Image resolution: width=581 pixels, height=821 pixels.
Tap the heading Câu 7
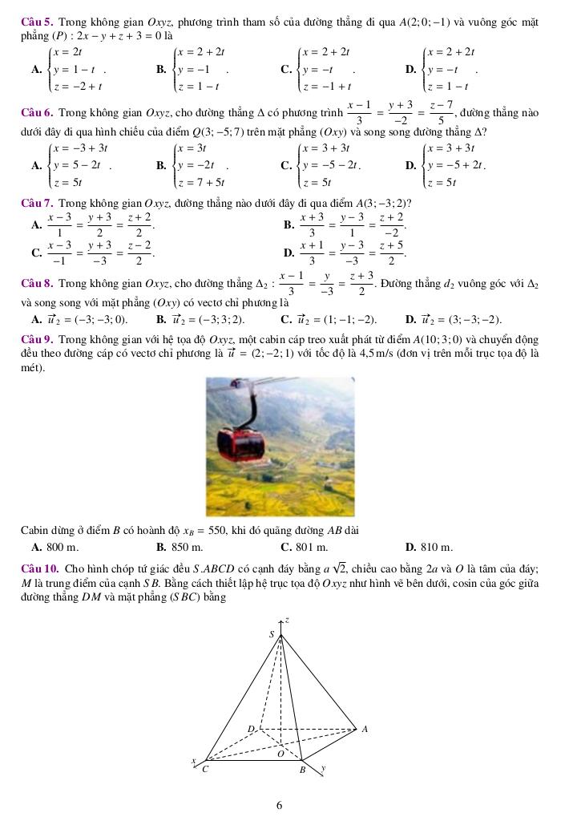tap(36, 202)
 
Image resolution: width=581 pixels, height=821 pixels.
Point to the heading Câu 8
tap(36, 283)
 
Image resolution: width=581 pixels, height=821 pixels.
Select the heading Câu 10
tap(38, 568)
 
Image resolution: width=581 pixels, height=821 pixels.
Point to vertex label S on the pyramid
tap(271, 635)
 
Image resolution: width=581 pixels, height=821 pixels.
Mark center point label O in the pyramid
tap(280, 754)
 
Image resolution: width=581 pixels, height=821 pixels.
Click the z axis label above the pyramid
tap(286, 619)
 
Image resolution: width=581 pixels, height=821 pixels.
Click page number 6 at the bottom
tap(279, 805)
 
